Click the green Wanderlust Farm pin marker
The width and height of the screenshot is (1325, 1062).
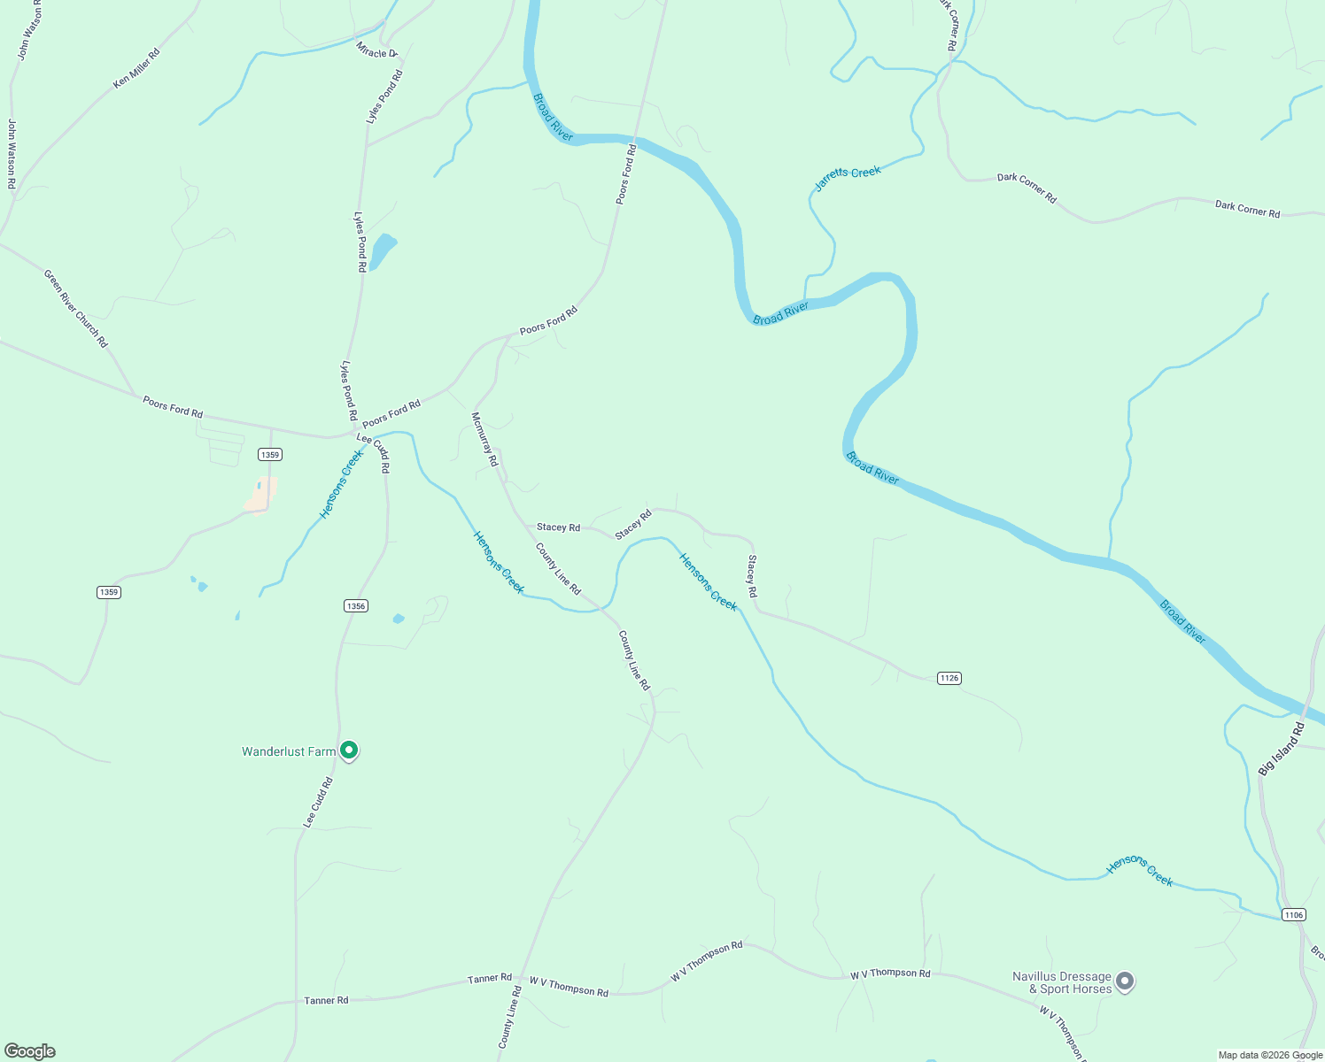(x=349, y=750)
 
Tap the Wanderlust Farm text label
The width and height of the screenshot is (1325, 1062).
(x=289, y=751)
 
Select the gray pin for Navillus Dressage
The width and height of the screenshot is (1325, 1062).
(x=1125, y=981)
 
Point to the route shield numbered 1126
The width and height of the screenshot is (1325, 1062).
(x=949, y=678)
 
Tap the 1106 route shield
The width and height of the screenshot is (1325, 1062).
(x=1294, y=914)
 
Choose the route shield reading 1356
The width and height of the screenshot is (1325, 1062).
(x=355, y=605)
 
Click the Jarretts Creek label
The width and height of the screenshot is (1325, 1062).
(x=848, y=178)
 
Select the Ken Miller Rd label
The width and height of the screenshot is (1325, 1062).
(x=136, y=68)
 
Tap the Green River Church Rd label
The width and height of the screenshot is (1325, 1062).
(x=75, y=308)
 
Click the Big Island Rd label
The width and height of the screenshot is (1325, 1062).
(x=1282, y=749)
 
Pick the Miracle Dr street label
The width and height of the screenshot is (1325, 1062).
(x=376, y=51)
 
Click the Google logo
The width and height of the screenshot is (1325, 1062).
(x=30, y=1051)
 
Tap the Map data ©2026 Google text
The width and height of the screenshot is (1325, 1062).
(x=1270, y=1055)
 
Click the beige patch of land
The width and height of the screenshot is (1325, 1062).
(x=261, y=495)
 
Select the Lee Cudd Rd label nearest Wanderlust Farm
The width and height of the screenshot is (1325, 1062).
(x=318, y=802)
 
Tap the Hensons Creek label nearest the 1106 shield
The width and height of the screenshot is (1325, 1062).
(x=1140, y=871)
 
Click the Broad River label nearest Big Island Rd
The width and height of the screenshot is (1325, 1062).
(x=1183, y=621)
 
